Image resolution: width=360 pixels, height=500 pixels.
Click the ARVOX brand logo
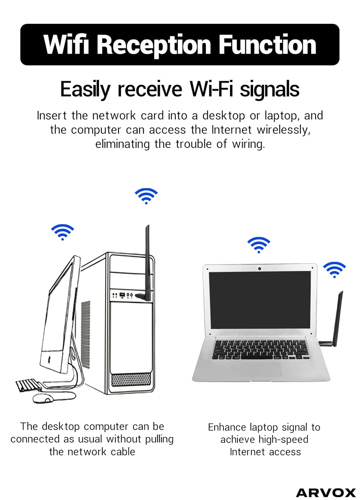(326, 493)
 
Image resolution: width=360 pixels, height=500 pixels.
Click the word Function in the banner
(267, 45)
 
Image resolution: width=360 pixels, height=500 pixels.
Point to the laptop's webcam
(259, 269)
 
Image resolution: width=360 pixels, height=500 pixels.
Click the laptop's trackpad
(261, 369)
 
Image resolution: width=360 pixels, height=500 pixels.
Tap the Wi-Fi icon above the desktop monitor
(62, 232)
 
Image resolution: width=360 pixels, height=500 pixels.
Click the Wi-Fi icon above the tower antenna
(146, 196)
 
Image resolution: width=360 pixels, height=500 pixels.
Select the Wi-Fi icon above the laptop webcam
(259, 245)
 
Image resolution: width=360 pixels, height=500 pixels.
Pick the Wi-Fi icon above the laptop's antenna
(334, 269)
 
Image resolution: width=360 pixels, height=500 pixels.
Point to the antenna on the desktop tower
(147, 260)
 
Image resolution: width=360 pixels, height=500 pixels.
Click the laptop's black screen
(260, 300)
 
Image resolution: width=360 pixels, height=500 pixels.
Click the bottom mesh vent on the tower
(131, 379)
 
